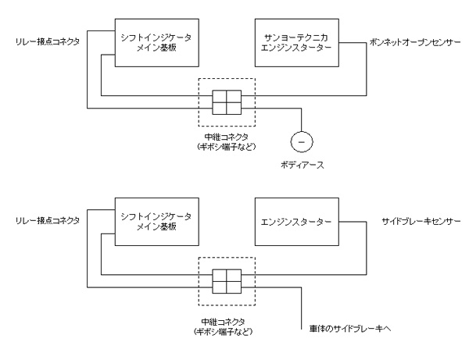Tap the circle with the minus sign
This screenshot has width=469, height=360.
pos(300,141)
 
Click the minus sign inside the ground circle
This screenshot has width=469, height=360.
pos(300,141)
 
